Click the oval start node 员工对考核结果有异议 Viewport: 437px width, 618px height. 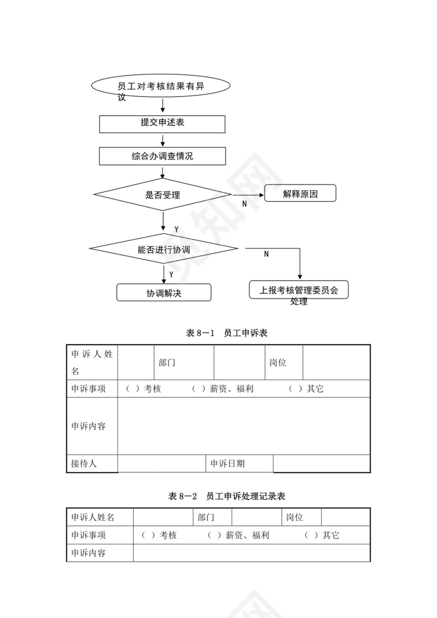161,86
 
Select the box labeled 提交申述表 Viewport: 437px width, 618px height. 162,123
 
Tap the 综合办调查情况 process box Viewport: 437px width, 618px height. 162,156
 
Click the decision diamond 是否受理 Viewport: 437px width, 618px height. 163,195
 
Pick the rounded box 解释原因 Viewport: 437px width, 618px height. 300,194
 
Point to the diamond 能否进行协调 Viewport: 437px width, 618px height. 163,250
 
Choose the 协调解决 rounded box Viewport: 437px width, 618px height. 163,293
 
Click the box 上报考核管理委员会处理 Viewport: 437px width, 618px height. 299,290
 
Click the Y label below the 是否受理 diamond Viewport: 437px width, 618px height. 176,230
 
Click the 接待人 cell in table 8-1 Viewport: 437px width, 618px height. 84,464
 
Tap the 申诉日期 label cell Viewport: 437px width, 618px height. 227,464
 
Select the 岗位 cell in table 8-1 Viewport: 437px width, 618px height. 278,363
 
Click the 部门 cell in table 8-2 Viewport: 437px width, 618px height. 206,517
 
